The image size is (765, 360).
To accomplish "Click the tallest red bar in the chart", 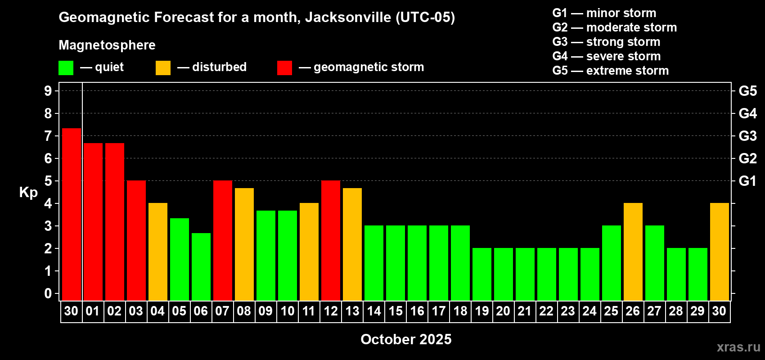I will pos(72,214).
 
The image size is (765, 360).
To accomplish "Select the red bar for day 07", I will pos(223,240).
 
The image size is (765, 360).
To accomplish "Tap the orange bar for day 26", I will pos(633,252).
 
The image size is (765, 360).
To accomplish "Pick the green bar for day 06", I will pos(201,266).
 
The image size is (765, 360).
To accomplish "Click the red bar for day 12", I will pos(331,240).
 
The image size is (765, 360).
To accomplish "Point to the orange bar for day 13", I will pos(352,244).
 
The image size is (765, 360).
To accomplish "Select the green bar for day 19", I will pos(482,274).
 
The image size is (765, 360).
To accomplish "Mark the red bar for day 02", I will pos(115,221).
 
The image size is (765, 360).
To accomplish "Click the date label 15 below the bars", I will pos(396,311).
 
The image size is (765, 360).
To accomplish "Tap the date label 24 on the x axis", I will pos(589,311).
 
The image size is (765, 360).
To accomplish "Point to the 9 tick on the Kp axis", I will pos(48,91).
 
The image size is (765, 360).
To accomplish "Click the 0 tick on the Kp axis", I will pos(48,293).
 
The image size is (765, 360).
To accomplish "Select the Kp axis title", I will pos(28,192).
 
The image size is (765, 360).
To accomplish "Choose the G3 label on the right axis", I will pos(747,136).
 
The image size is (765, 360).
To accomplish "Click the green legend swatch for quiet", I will pos(66,68).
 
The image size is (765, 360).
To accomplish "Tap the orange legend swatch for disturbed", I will pos(163,68).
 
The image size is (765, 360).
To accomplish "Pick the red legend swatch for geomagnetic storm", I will pos(284,68).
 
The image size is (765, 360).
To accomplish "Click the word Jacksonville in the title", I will pos(348,17).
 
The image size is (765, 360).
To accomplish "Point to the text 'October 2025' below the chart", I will pos(406,339).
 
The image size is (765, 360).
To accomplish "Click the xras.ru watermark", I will pos(738,347).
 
